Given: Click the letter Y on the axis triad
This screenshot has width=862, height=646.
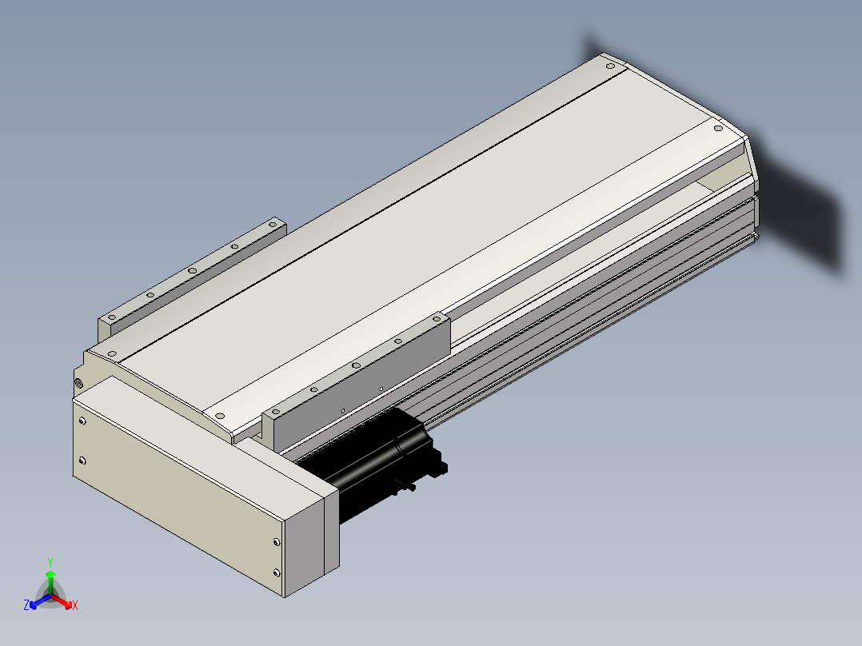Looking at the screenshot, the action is (x=50, y=562).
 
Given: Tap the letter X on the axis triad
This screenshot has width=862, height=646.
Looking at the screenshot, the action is (x=75, y=605).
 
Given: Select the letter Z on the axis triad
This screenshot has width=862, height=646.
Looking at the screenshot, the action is (x=26, y=605).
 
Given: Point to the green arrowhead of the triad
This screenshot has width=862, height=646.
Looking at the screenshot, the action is (x=50, y=575).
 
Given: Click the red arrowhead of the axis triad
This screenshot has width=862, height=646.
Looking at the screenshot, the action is (x=67, y=604).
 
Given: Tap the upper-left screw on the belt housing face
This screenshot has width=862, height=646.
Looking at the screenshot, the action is (x=82, y=421).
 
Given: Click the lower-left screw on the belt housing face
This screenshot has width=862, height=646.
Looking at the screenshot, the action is (x=82, y=461).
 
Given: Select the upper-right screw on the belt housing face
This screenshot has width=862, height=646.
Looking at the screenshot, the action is (x=276, y=542).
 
